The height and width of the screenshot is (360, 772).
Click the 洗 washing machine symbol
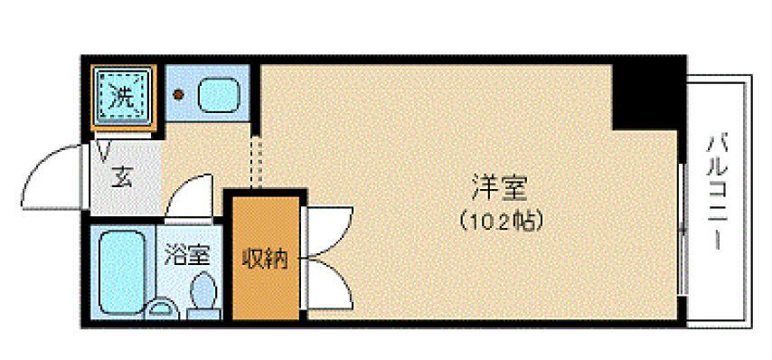(123, 98)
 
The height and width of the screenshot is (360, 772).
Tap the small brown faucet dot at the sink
(179, 93)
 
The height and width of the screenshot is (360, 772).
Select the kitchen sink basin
(219, 95)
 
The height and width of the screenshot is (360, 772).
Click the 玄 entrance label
(122, 178)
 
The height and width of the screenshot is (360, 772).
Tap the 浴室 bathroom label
(187, 256)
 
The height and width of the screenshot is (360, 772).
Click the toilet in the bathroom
(202, 296)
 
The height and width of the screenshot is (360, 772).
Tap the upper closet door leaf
(327, 232)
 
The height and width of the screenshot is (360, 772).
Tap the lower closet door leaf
(327, 283)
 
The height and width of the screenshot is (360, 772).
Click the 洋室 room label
(499, 189)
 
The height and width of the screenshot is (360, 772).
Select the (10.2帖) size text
(502, 221)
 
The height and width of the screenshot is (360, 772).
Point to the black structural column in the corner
(645, 97)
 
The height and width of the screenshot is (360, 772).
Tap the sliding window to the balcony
(682, 229)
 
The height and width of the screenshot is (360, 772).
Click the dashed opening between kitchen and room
(255, 163)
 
